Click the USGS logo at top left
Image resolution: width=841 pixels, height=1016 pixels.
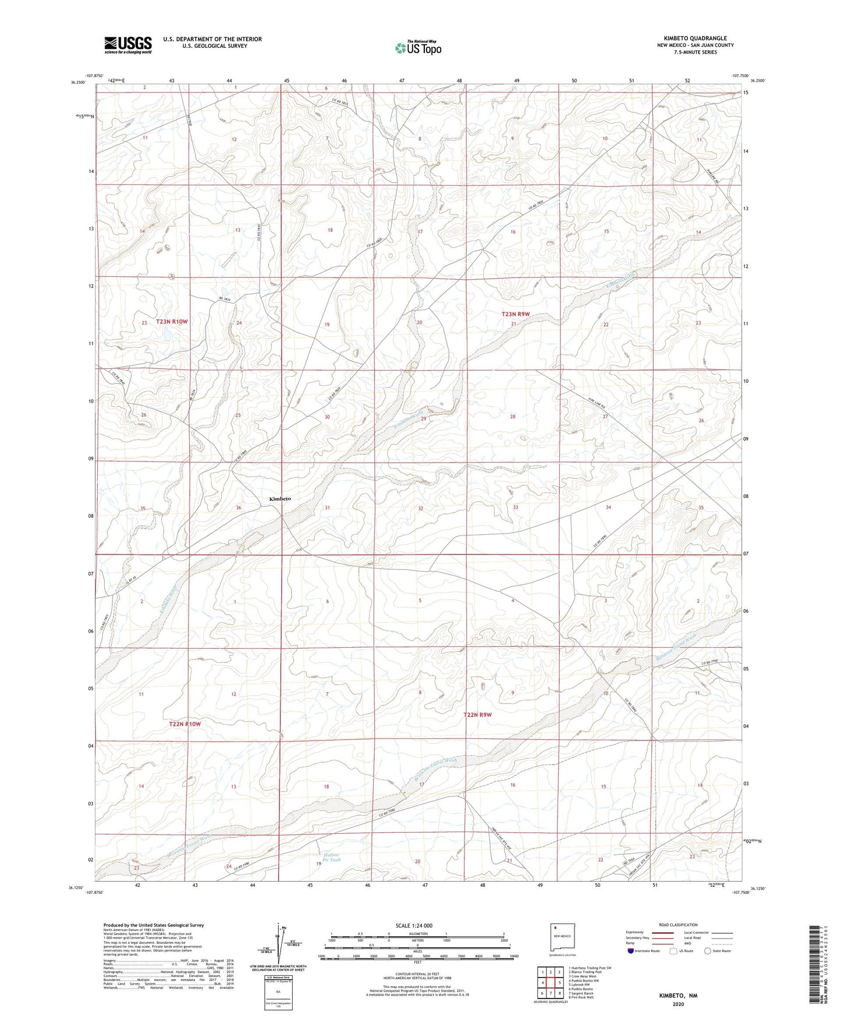pos(128,45)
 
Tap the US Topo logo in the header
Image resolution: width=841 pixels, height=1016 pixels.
pos(417,48)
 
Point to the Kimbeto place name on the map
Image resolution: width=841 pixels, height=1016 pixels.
pos(280,499)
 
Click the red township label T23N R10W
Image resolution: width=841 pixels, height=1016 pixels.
pos(172,321)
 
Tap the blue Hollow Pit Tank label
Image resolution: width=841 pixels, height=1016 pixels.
pos(331,857)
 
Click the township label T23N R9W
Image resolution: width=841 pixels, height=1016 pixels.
pos(516,314)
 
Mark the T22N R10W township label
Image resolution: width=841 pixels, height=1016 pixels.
pos(185,724)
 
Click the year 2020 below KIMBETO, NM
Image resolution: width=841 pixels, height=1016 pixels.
pos(678,1004)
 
